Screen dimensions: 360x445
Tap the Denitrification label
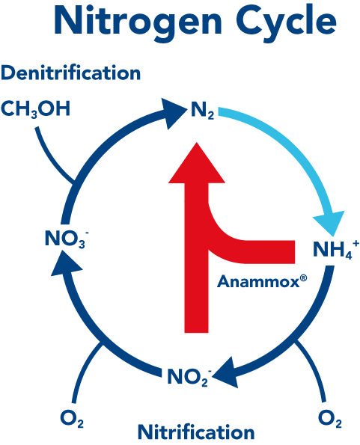(x=70, y=73)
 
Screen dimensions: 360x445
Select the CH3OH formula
(x=35, y=108)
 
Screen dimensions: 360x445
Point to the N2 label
(x=202, y=111)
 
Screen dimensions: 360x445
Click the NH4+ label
(x=336, y=249)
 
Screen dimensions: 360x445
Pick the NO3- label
(x=67, y=238)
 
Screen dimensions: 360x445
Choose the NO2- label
(x=189, y=377)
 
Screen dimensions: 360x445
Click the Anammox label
(x=258, y=282)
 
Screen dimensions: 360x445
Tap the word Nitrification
(x=196, y=432)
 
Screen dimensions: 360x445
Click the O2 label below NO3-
(x=72, y=419)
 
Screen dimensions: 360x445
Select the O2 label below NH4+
(x=330, y=419)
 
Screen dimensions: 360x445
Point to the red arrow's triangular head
(x=197, y=165)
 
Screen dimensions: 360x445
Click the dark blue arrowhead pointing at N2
(x=174, y=113)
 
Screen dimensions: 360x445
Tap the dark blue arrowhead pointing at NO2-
(x=226, y=374)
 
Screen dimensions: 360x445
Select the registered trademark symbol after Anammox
(x=303, y=278)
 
